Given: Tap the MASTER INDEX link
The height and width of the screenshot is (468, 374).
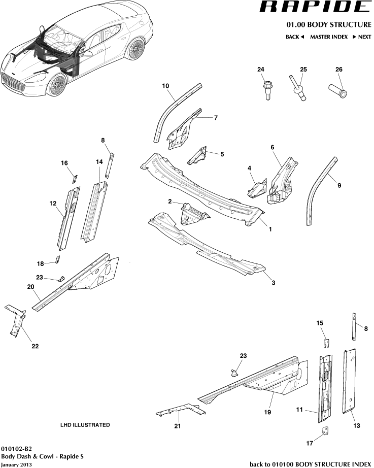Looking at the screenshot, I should click(328, 37).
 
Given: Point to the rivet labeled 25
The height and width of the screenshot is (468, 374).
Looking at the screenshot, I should click(298, 89).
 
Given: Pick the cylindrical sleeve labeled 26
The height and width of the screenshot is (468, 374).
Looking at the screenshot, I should click(341, 91).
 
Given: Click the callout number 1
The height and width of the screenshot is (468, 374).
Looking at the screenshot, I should click(270, 229).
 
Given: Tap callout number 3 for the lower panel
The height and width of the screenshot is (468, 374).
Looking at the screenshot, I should click(273, 282).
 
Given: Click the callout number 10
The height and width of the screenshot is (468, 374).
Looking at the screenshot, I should click(165, 86).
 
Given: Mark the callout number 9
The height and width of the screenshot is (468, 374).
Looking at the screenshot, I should click(339, 186).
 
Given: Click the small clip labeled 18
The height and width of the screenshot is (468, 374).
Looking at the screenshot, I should click(57, 261).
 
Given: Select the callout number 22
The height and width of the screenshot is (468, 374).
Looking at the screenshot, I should click(35, 346).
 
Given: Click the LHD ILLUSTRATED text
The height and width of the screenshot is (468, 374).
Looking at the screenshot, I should click(85, 425).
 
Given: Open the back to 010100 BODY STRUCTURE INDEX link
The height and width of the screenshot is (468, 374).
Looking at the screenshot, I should click(311, 464).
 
